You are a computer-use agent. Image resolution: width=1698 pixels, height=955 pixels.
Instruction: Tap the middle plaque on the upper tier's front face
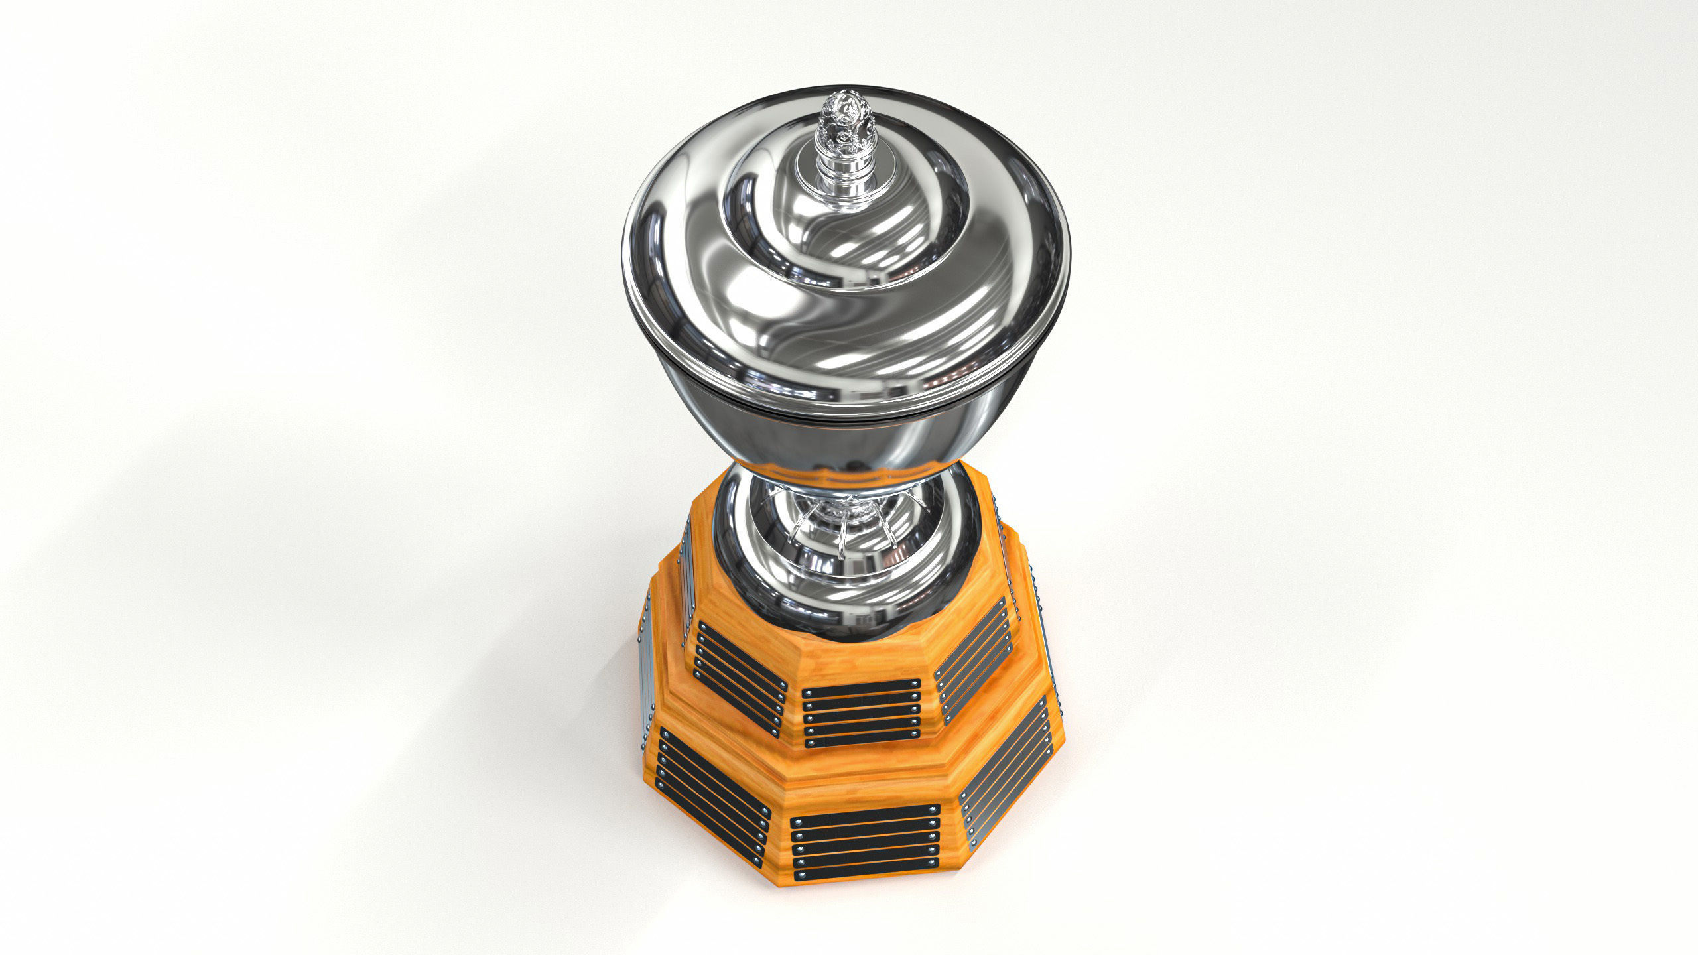[x=861, y=712]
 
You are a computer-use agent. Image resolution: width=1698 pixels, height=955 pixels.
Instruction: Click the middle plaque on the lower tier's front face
[x=865, y=843]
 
